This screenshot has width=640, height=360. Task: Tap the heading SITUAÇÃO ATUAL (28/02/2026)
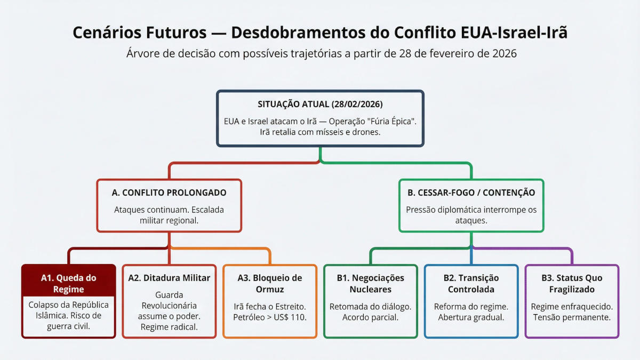[320, 104]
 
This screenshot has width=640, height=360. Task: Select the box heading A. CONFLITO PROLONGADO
[170, 193]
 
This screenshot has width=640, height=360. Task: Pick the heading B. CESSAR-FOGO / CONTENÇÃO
[471, 193]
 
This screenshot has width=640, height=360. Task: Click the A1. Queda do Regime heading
[69, 283]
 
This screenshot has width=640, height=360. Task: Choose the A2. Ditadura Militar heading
[169, 278]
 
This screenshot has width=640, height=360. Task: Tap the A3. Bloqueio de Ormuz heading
[269, 283]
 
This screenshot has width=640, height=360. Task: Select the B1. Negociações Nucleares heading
[370, 283]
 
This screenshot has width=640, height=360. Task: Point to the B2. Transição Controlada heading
[471, 283]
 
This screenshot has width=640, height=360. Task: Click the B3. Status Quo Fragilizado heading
[571, 283]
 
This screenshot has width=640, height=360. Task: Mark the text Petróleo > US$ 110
[270, 317]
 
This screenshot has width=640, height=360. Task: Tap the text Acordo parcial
[371, 317]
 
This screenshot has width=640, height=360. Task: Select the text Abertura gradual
[471, 317]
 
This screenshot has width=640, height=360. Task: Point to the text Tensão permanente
[572, 317]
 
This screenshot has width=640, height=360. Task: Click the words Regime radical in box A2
[169, 327]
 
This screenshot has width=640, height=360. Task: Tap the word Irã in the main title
[555, 33]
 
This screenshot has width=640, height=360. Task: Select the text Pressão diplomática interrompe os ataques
[471, 215]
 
